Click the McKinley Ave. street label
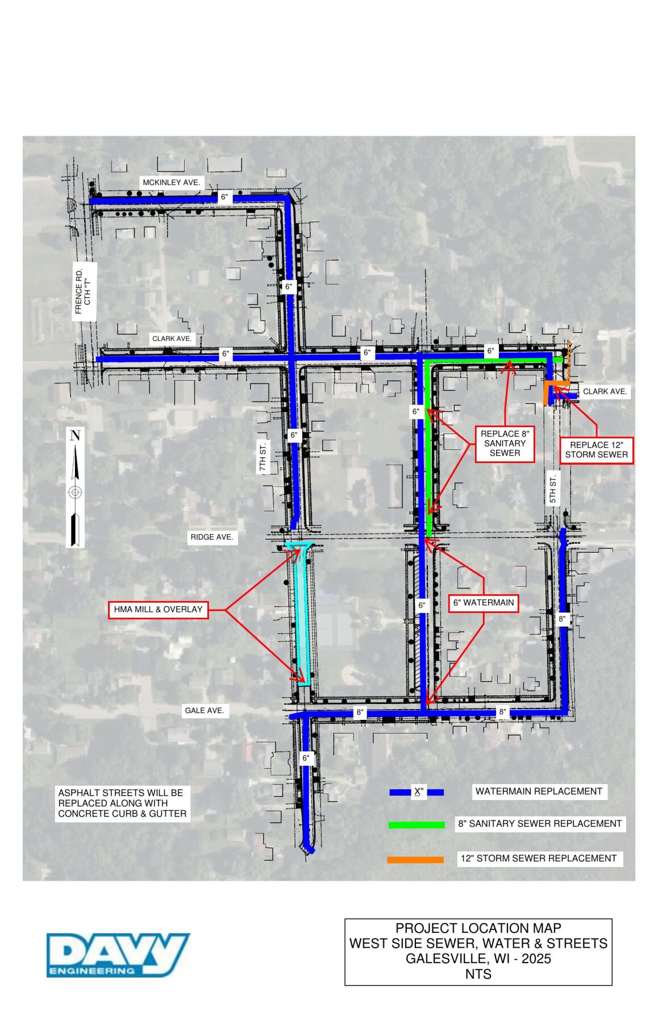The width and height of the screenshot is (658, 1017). coord(171,182)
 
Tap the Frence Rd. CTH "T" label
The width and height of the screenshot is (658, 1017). coord(83,291)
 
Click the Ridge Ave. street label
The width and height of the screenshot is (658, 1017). coord(211,537)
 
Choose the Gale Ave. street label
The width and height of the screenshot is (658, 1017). coord(204,710)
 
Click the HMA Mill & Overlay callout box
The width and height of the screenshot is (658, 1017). coord(158,610)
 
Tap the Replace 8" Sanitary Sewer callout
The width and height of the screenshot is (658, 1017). coord(505,443)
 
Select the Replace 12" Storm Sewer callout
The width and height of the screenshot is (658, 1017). coord(596,449)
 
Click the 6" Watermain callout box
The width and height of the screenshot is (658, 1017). coord(484,603)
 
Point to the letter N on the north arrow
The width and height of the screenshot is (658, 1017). coord(75,436)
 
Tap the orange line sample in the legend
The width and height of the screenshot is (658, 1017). coord(415,860)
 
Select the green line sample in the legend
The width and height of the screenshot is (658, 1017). coord(416,824)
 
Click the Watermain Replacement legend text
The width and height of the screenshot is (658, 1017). coord(538,791)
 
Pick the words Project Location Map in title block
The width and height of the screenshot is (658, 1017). coord(478,928)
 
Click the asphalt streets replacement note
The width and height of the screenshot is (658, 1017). coord(122,803)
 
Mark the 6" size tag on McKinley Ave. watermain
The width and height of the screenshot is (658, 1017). coord(225,197)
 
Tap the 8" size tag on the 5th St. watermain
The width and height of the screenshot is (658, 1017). coord(562,619)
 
